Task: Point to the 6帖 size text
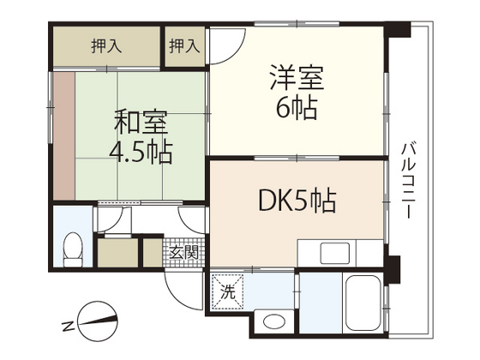[297, 110]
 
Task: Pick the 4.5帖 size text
[140, 153]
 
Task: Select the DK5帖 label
[297, 202]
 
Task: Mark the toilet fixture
[73, 249]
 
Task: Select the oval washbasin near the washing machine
[274, 322]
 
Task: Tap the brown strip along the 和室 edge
[63, 137]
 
